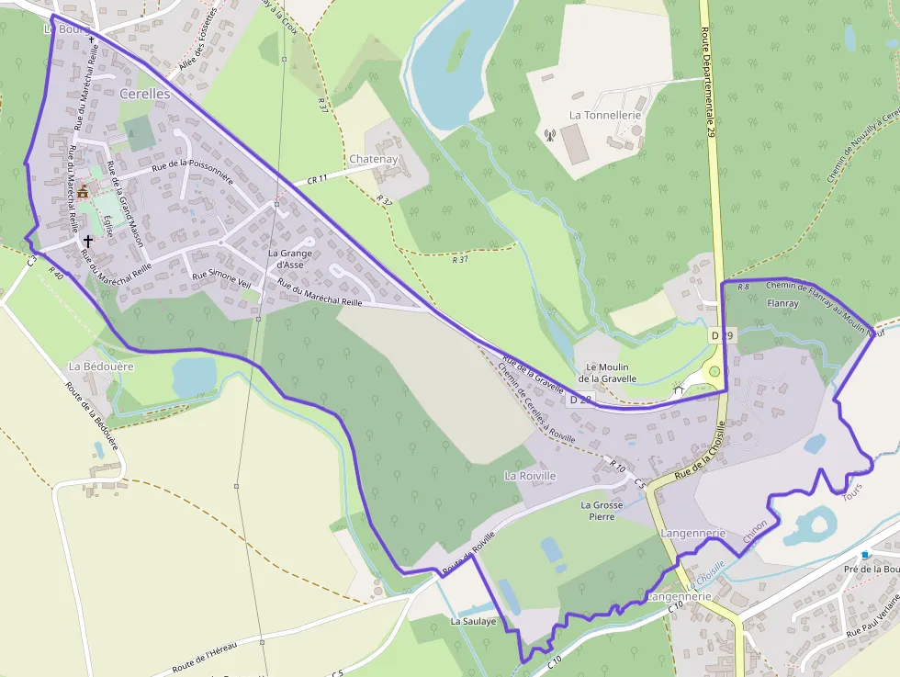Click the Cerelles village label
144,95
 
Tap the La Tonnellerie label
605,115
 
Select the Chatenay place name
373,159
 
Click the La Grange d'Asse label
290,259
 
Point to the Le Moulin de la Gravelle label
607,372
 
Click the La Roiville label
531,476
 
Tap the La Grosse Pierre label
602,510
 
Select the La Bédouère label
101,366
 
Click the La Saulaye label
473,621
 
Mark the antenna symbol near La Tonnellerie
550,136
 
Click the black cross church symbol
88,240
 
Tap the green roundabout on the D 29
714,371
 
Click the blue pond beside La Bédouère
194,376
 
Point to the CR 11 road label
318,179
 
